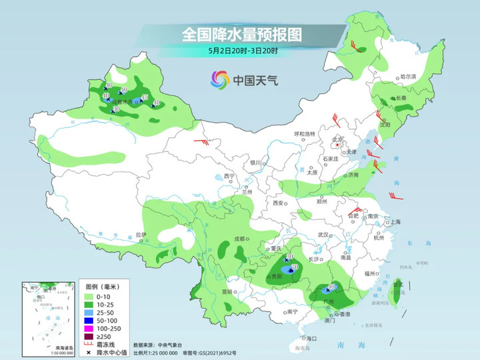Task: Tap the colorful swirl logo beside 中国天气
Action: coord(219,80)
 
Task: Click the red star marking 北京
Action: coord(337,144)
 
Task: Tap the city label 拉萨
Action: coord(141,235)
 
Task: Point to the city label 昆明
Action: coord(227,291)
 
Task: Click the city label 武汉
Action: coord(325,235)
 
